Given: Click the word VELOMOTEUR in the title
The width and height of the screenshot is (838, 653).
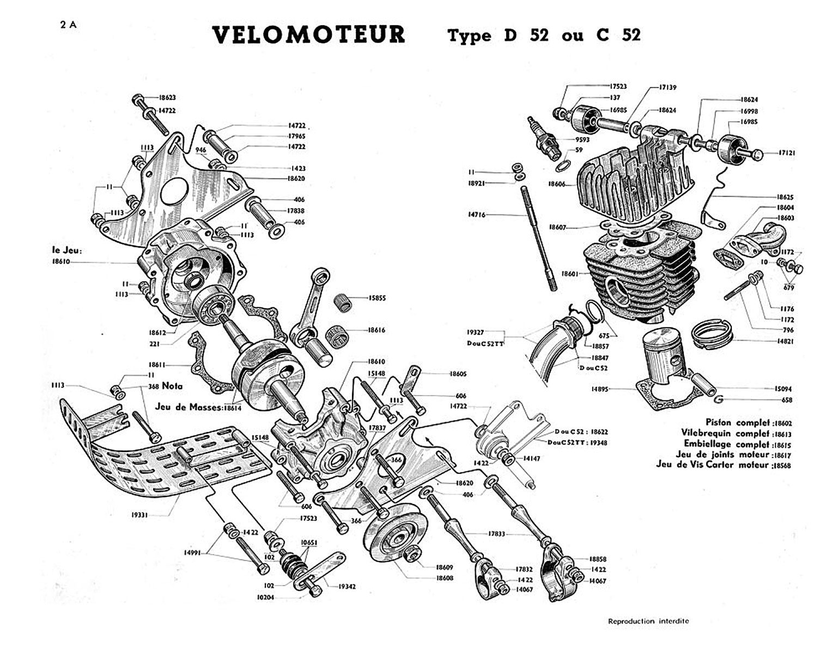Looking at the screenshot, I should coord(308,35).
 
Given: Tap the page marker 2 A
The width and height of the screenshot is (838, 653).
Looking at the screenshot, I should coord(69,25).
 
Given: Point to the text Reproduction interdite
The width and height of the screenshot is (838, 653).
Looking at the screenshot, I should coord(648,621).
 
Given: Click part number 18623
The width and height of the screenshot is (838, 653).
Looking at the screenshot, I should coord(167,98).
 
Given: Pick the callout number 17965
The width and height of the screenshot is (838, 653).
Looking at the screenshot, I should coord(296,136).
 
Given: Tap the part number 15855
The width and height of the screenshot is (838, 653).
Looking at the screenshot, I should coord(377,298).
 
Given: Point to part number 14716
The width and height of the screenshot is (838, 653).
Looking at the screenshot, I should coord(477,215).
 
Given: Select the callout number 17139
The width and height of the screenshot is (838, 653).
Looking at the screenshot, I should coord(667,87).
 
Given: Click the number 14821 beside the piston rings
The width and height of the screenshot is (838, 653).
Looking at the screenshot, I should coord(785,341).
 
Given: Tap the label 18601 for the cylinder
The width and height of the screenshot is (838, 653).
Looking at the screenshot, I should coord(570,274).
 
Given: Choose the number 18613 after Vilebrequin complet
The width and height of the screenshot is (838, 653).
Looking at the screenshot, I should coord(782,434).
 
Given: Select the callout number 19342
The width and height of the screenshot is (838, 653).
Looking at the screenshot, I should coord(347,587).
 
